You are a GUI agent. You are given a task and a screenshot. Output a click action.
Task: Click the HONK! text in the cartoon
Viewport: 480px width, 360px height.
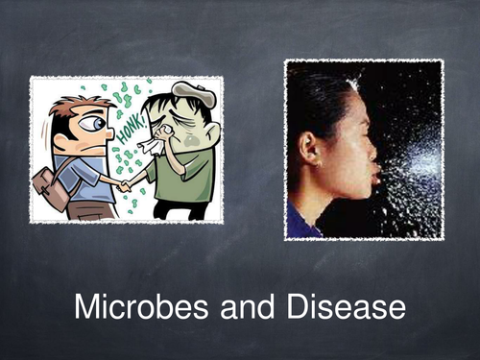[127, 113]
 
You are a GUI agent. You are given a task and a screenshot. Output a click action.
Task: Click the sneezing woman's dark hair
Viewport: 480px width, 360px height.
[317, 106]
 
